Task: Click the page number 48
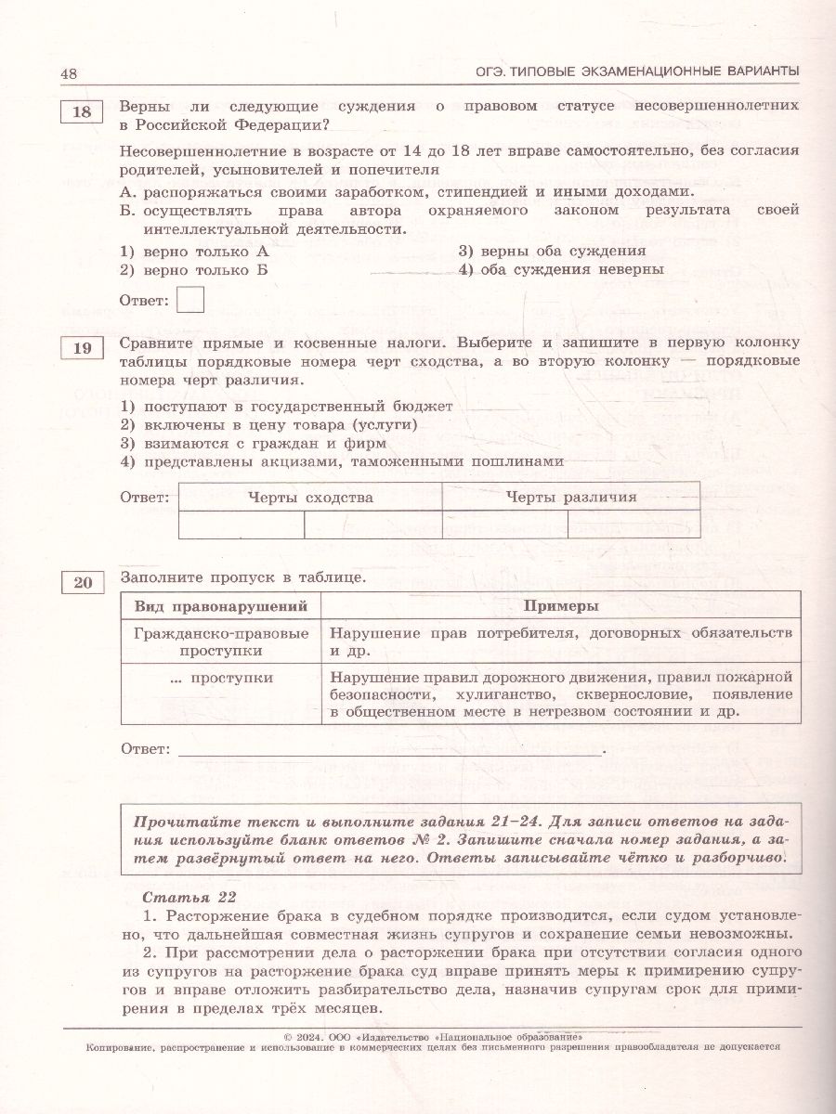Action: click(x=69, y=74)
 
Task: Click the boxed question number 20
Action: click(x=83, y=583)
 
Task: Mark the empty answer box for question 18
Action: click(x=189, y=301)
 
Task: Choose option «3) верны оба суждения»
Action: click(x=552, y=251)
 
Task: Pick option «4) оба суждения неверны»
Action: click(x=560, y=269)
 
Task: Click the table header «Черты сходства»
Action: click(x=310, y=497)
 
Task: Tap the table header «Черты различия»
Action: click(x=571, y=497)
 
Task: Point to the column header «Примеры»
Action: click(x=560, y=606)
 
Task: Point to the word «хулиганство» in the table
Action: click(x=502, y=694)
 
